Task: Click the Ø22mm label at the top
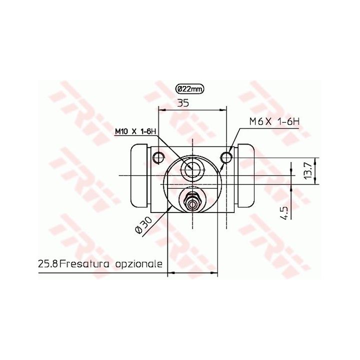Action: coord(189,89)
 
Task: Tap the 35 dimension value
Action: coord(183,103)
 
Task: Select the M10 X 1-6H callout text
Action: coord(135,131)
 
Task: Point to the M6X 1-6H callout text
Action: coord(274,121)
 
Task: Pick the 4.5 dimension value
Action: coord(284,213)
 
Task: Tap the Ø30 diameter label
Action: coord(144,225)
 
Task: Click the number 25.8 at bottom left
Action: coord(48,264)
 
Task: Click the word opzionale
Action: coord(138,264)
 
